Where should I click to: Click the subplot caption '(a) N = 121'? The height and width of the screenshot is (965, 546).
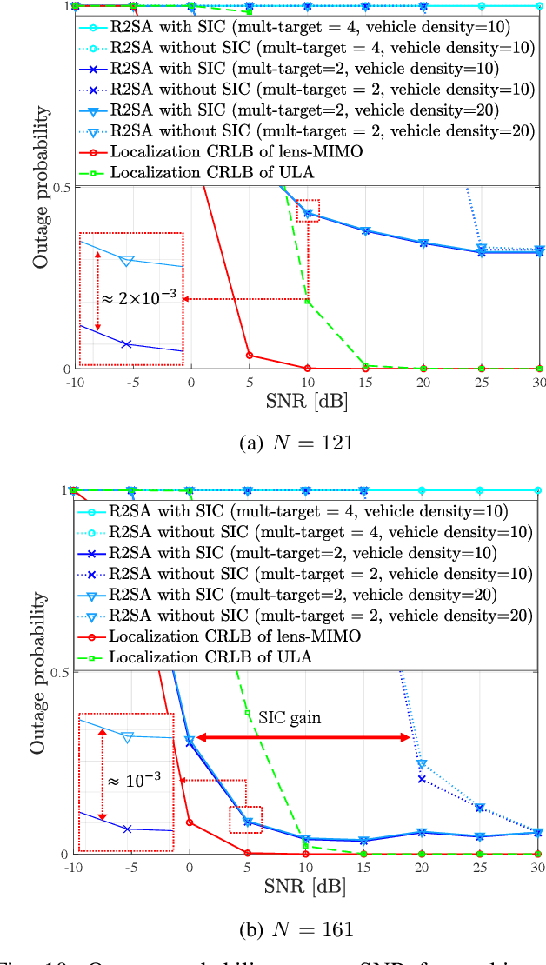click(296, 443)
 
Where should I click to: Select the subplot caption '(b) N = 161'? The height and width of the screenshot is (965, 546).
click(296, 929)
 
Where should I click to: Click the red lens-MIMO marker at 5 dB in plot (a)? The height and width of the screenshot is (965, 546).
click(249, 355)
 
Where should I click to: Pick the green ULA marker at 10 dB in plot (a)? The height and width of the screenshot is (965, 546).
click(306, 301)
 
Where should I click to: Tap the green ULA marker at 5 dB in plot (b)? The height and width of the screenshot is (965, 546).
click(248, 714)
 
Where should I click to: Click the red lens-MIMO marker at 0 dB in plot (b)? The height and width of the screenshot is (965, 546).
click(190, 822)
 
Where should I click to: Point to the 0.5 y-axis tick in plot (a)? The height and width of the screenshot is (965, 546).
click(61, 187)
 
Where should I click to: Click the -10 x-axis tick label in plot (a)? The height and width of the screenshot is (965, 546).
click(75, 383)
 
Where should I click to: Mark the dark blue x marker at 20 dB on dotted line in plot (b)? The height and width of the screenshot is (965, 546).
click(422, 779)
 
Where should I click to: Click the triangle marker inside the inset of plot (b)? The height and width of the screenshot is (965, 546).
click(128, 737)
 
